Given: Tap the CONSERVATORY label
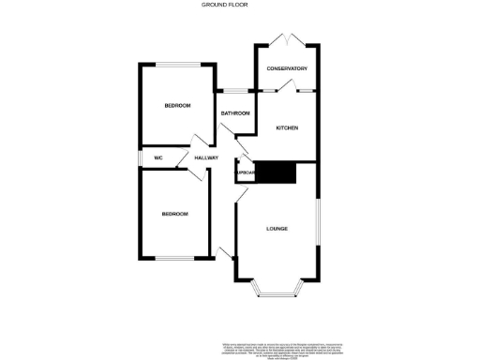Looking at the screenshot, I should [x=287, y=69].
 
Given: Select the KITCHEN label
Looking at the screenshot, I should [x=286, y=127].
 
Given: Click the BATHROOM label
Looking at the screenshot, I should [x=234, y=113].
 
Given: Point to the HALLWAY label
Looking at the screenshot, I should [x=206, y=158].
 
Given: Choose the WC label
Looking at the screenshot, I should [x=158, y=158].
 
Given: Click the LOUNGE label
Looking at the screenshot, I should [x=277, y=229].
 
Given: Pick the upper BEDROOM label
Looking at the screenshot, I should [x=177, y=106].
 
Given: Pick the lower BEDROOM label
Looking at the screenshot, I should [x=174, y=215].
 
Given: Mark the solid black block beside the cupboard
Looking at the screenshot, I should [x=277, y=173].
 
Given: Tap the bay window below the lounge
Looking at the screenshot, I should [x=277, y=294].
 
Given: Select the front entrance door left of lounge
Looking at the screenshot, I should [x=226, y=252].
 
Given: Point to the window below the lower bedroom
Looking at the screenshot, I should [x=174, y=258].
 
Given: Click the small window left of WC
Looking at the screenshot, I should [x=141, y=158].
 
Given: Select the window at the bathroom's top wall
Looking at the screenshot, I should [x=234, y=91].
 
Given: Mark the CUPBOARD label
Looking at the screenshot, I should [x=246, y=173].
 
